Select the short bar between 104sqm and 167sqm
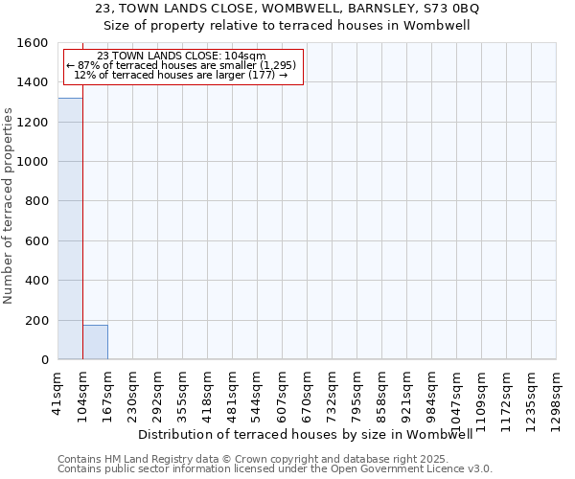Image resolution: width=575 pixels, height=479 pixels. tap(95, 342)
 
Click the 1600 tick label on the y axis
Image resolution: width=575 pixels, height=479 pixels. tap(33, 43)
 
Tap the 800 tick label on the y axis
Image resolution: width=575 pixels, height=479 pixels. tap(36, 201)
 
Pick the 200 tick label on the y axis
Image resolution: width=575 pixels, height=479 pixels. tap(36, 320)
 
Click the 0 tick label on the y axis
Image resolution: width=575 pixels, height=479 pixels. tap(44, 360)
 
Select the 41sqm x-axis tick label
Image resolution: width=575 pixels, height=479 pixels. tap(58, 390)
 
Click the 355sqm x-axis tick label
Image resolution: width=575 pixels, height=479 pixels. tap(183, 392)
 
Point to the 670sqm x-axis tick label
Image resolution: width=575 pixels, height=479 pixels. tap(308, 392)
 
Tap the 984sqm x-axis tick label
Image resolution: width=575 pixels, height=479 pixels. tap(432, 392)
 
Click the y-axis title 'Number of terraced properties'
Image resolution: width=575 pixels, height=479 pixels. tap(9, 206)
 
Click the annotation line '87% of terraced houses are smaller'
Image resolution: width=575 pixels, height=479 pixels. tap(182, 65)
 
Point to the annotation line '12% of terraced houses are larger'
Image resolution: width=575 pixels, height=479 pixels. tap(182, 75)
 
